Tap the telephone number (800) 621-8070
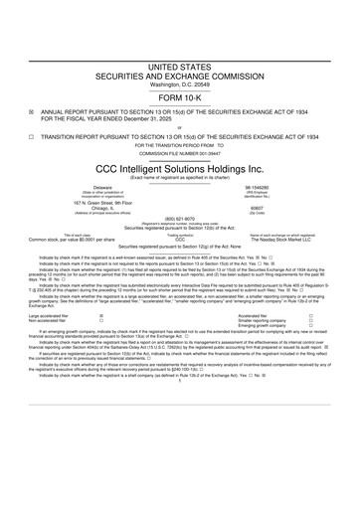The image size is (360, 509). [x=179, y=219]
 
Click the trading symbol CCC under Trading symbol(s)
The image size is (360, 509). [x=179, y=241]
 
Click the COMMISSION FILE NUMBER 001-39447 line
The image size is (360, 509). [x=179, y=153]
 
